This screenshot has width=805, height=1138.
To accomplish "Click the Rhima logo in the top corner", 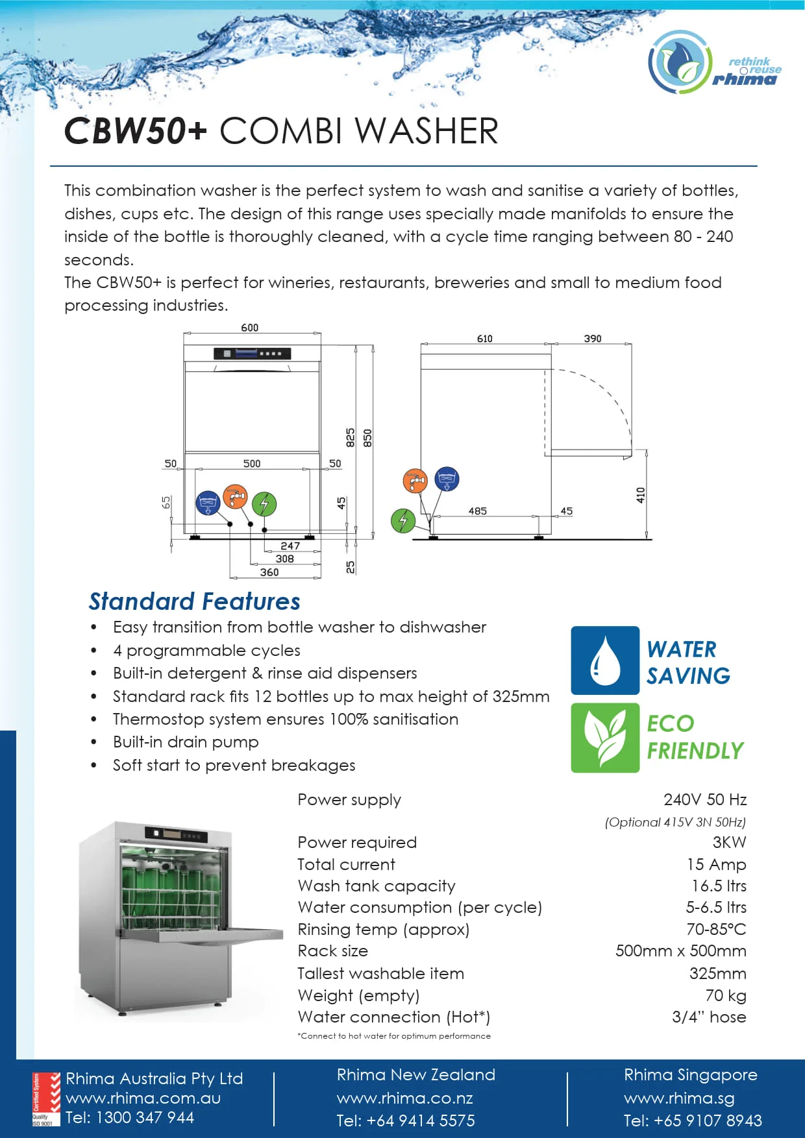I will [x=714, y=63].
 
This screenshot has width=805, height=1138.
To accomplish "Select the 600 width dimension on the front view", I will [x=249, y=328].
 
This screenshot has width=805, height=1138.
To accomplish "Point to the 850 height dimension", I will [x=367, y=438].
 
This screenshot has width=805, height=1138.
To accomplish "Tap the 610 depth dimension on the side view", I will [x=484, y=339].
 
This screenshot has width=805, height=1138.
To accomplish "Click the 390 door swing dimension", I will [x=592, y=339].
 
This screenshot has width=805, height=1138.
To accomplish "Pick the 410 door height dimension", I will [x=641, y=495].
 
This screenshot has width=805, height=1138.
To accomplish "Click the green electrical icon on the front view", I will [x=264, y=503].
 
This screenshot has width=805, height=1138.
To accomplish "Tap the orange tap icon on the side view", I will [x=415, y=481].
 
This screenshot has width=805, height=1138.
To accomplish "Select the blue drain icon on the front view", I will [x=208, y=503].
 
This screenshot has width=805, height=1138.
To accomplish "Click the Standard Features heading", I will [x=194, y=601].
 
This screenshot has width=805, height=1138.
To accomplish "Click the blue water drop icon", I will [x=605, y=660].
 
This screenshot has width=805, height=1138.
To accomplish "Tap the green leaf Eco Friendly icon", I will [x=605, y=738].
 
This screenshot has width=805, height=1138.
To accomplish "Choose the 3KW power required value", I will [x=729, y=842].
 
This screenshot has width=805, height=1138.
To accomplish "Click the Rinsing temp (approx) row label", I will [x=383, y=929].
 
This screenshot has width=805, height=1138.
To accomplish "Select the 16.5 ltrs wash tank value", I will [x=719, y=886].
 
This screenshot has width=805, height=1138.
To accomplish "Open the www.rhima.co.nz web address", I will [x=404, y=1098].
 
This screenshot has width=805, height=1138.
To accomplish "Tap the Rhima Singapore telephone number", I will [x=693, y=1120].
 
